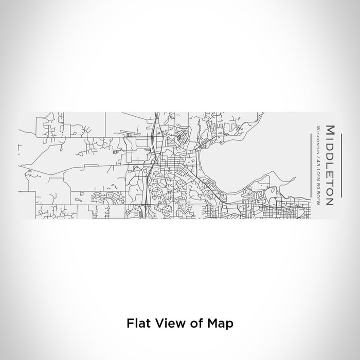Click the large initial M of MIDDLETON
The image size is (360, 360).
329,131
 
